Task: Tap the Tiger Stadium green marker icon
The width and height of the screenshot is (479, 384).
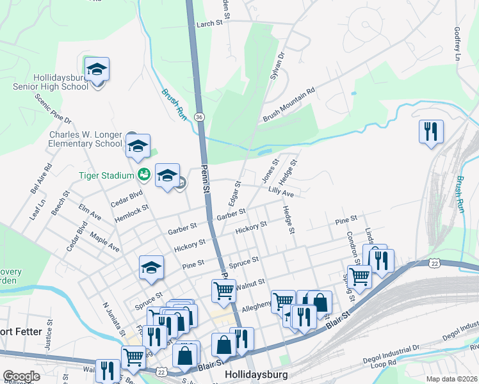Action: pyautogui.click(x=144, y=173)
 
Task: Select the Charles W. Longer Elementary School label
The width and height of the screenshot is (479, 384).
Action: pyautogui.click(x=86, y=139)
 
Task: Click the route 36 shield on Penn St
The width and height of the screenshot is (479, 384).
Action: pyautogui.click(x=200, y=117)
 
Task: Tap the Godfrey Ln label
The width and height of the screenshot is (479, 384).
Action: pyautogui.click(x=457, y=44)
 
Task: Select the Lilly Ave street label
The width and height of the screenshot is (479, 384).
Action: pyautogui.click(x=281, y=192)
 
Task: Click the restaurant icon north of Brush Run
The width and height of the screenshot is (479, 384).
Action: pyautogui.click(x=431, y=132)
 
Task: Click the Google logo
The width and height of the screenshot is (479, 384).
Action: pyautogui.click(x=21, y=376)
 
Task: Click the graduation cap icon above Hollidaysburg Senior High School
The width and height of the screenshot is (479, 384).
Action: pyautogui.click(x=97, y=68)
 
